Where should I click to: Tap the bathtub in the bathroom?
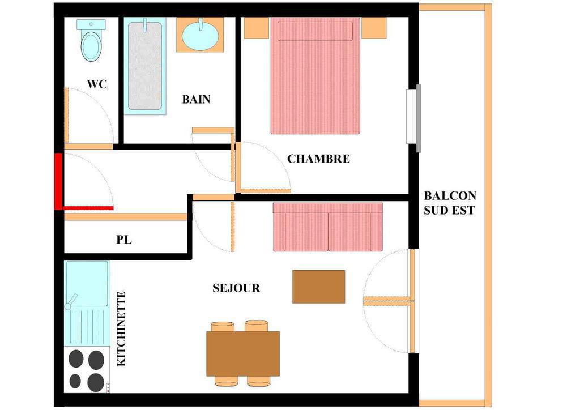click(x=144, y=66)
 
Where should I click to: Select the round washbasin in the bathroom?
click(x=200, y=35)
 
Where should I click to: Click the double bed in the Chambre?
click(x=315, y=76)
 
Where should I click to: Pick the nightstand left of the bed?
click(x=256, y=28)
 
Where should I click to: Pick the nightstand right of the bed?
click(x=374, y=28)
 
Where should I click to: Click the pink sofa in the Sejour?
click(x=327, y=227)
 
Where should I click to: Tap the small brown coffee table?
click(x=318, y=287)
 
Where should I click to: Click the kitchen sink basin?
click(x=87, y=283)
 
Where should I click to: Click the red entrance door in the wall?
click(x=58, y=181)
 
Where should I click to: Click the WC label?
click(x=97, y=84)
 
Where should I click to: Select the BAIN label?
click(x=196, y=100)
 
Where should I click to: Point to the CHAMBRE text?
click(x=318, y=159)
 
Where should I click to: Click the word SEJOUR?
click(x=236, y=288)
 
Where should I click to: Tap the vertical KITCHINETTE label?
click(x=121, y=329)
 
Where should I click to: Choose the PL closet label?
click(x=124, y=240)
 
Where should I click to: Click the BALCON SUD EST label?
click(x=450, y=203)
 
